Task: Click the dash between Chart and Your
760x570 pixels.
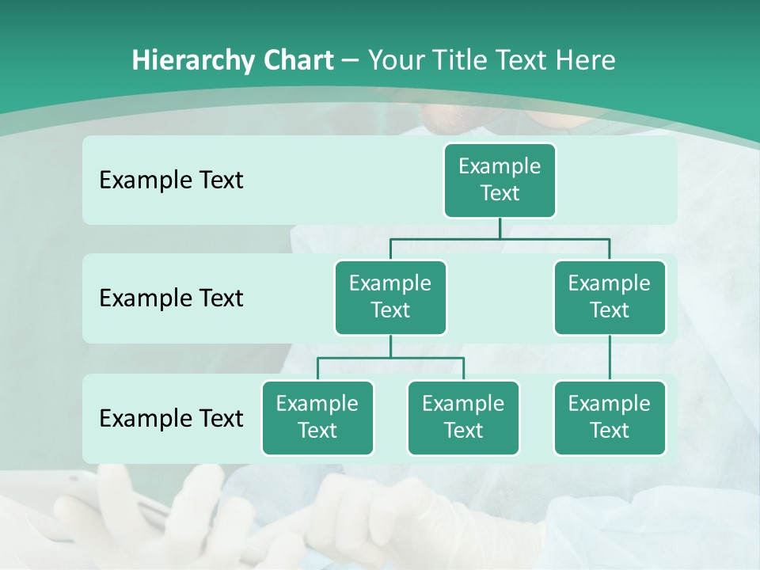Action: [351, 61]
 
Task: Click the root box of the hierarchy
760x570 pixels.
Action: [500, 180]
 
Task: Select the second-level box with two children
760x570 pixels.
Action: [390, 297]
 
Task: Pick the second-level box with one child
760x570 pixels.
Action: [610, 297]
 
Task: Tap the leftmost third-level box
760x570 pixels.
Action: [317, 417]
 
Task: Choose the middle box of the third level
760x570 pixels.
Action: [463, 417]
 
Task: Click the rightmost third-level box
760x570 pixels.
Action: [610, 417]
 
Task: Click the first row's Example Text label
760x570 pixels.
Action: [171, 180]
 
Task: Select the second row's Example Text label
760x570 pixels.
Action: [171, 298]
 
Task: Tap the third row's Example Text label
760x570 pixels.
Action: [171, 418]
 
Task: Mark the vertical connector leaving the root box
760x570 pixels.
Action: [500, 228]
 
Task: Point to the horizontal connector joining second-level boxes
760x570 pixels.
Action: [500, 238]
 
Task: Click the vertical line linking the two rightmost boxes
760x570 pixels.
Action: [610, 358]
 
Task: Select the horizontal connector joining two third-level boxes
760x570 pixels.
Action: [390, 358]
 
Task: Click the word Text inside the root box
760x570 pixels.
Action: [500, 193]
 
